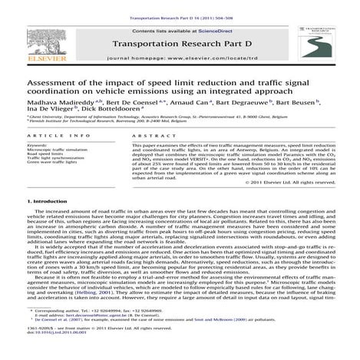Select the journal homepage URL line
(x=180, y=58)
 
